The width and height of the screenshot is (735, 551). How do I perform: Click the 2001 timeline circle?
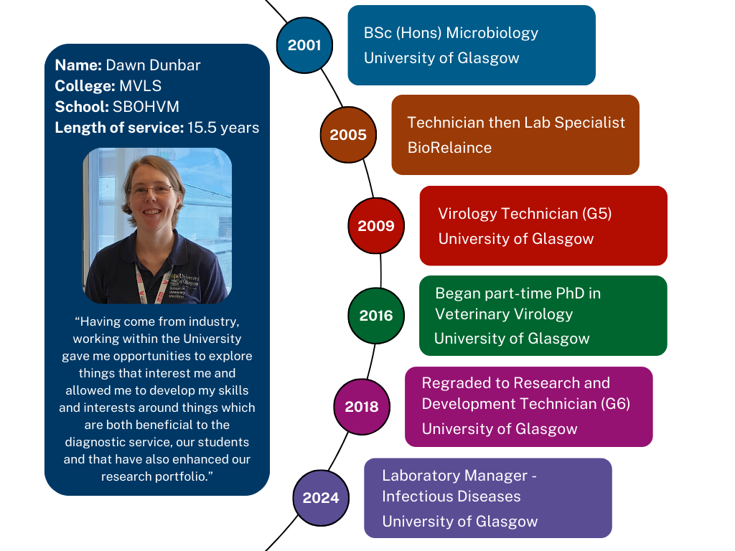point(304,45)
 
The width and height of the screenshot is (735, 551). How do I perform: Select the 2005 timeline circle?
point(348,135)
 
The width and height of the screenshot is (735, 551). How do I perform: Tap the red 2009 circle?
point(376,226)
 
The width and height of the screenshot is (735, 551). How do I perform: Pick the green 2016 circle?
point(376,316)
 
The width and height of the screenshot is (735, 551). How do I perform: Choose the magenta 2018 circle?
point(362,407)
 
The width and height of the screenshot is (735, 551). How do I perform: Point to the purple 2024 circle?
point(321,498)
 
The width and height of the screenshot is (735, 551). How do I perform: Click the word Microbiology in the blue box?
point(492,33)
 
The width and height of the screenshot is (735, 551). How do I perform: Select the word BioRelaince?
point(449,148)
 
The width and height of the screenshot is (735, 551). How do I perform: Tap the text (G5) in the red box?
point(596,214)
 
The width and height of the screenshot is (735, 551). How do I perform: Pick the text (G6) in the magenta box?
point(615,404)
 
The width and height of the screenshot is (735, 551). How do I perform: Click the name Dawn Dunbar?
point(154,65)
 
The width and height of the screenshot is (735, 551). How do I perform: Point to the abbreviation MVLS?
point(140,86)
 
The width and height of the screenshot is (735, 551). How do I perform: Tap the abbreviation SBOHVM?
point(146,107)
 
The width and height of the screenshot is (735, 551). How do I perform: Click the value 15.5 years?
point(223,128)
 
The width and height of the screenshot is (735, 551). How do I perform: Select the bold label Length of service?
point(119,128)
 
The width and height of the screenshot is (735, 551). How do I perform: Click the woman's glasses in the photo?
point(151,190)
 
